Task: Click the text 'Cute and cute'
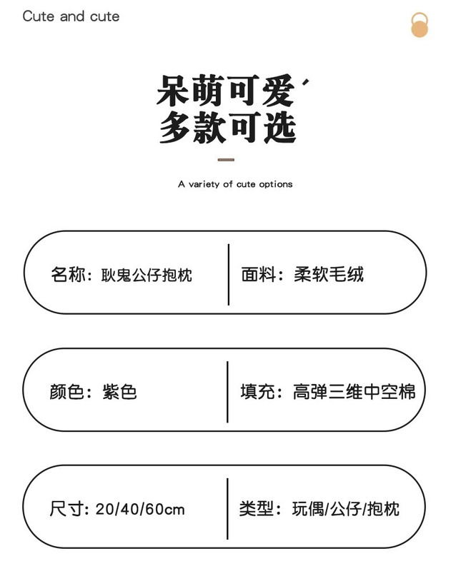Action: (x=71, y=16)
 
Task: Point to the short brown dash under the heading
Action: (x=226, y=160)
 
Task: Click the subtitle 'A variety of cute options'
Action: (x=235, y=184)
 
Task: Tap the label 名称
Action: (x=67, y=275)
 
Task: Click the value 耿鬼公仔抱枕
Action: (x=147, y=275)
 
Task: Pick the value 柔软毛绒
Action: (x=329, y=275)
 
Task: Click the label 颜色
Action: (x=67, y=392)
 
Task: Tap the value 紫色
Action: (x=119, y=392)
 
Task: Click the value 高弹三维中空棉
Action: (x=354, y=392)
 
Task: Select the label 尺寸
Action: (x=67, y=509)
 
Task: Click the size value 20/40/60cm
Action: (x=140, y=509)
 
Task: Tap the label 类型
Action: (x=257, y=509)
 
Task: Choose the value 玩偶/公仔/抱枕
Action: (x=346, y=509)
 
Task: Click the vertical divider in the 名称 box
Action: (x=229, y=274)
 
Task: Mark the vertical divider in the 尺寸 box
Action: (x=227, y=508)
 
